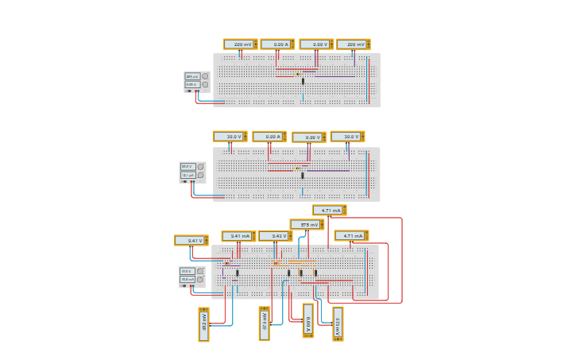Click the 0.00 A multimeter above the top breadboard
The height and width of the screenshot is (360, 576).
pos(277,45)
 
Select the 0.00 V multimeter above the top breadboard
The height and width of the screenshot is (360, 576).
pos(316,45)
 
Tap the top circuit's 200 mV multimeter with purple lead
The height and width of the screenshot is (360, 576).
pos(353,45)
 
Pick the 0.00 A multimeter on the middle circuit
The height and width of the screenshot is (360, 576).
pos(269,137)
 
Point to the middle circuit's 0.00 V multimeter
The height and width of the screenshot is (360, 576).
pos(308,137)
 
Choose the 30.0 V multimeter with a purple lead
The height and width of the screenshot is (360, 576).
pos(347,137)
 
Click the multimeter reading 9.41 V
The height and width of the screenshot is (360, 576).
pos(191,240)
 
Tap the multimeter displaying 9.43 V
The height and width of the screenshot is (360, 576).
pos(275,236)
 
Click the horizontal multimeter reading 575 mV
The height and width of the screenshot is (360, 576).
pos(307,225)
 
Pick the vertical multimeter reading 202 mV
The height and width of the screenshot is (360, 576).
pos(204,324)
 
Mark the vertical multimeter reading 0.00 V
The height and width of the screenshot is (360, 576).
pos(308,321)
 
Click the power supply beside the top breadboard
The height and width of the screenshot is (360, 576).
pos(196,81)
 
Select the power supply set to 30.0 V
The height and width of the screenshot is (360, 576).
pos(192,172)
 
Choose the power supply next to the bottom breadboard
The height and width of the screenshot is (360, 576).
pos(191,277)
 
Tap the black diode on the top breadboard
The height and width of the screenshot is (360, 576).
pos(303,81)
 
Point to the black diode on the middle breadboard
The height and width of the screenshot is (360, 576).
pos(303,176)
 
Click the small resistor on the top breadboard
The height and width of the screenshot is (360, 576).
pos(297,74)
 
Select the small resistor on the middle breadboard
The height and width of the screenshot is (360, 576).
pos(297,168)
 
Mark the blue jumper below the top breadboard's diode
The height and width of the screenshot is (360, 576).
pos(303,98)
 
